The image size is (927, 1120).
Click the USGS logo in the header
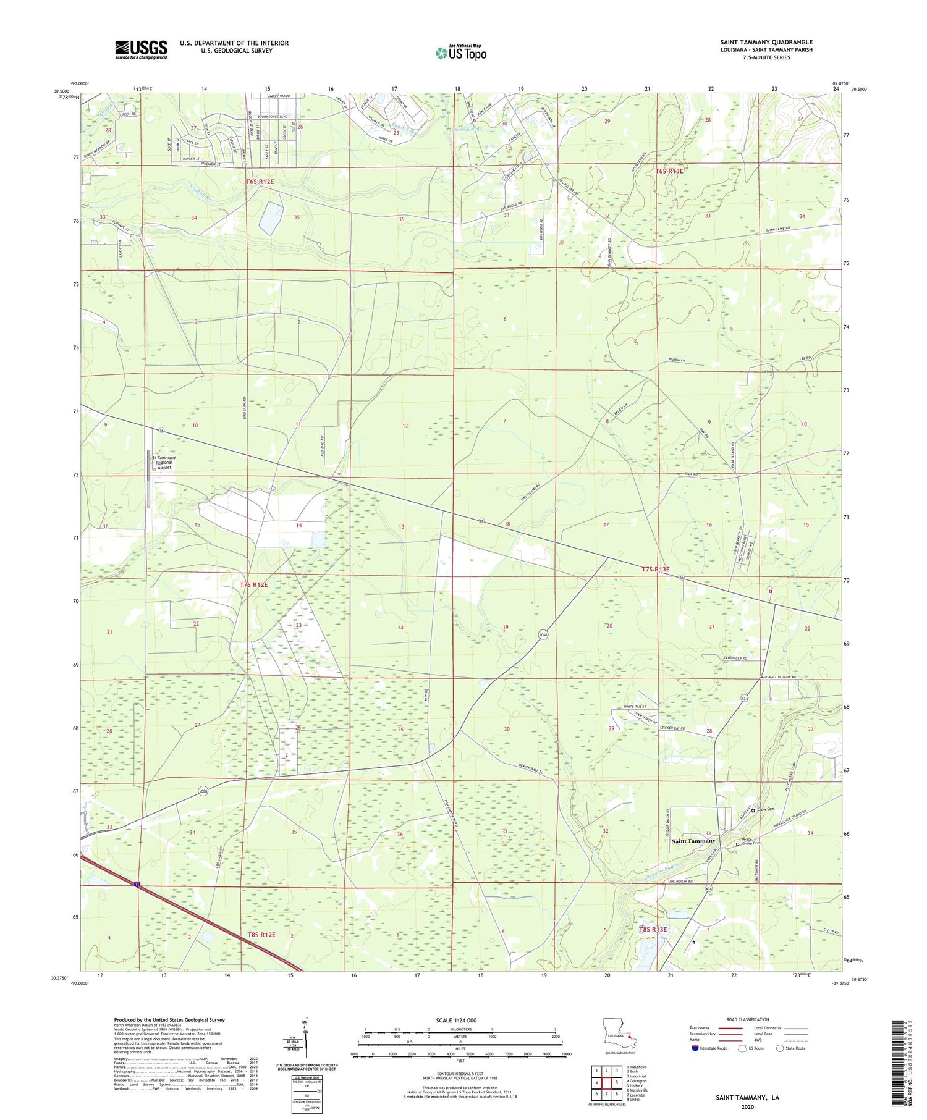click(x=141, y=49)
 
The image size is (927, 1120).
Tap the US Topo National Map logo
click(x=461, y=52)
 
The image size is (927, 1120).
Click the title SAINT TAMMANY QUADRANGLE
click(x=766, y=42)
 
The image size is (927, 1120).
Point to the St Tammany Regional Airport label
click(x=164, y=462)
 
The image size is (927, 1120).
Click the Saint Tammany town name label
click(x=693, y=841)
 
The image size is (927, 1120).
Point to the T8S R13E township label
click(x=653, y=929)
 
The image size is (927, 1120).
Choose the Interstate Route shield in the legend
click(x=695, y=1048)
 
